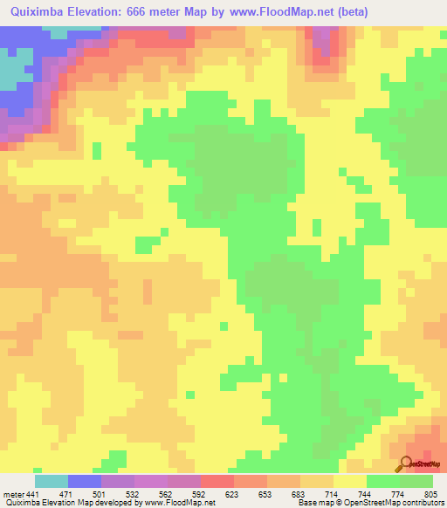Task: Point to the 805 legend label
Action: pyautogui.click(x=430, y=495)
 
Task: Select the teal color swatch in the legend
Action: pyautogui.click(x=51, y=481)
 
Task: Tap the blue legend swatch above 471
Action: pyautogui.click(x=85, y=481)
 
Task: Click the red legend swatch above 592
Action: pyautogui.click(x=217, y=481)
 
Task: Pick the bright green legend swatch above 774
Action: pyautogui.click(x=382, y=481)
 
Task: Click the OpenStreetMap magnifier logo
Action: pyautogui.click(x=407, y=465)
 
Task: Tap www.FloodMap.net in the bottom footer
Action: pyautogui.click(x=179, y=504)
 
